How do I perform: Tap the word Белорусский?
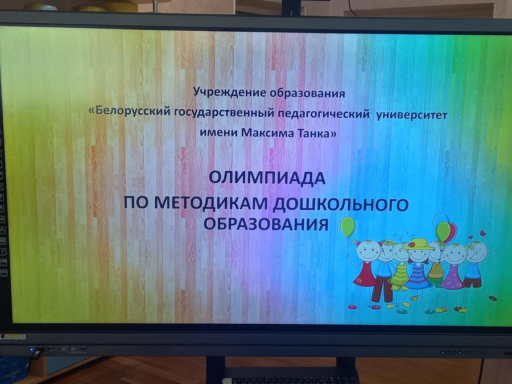coord(133,111)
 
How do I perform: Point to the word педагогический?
coord(324,114)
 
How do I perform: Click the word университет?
coord(411,115)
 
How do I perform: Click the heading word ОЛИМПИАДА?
coord(267,178)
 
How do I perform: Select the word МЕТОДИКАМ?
coord(211,203)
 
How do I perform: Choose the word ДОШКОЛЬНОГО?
coord(341,205)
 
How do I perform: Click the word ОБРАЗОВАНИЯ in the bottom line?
coord(266,225)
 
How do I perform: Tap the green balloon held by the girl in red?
coord(348,226)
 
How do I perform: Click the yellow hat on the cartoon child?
coord(418,244)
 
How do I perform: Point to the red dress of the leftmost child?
coord(365,275)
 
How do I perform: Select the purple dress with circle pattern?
coord(453,277)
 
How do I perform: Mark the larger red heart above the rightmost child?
coord(483,233)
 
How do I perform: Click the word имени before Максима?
coord(219,133)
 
